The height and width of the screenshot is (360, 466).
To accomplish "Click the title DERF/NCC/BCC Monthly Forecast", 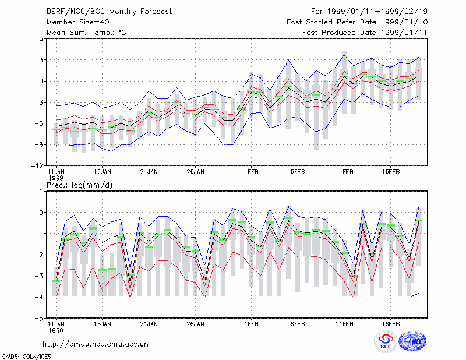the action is point(109,12).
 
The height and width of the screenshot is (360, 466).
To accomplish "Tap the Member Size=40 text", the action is point(78,22).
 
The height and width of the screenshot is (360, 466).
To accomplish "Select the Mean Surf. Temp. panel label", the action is point(86,33).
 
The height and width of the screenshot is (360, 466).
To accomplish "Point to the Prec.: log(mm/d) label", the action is point(79,185).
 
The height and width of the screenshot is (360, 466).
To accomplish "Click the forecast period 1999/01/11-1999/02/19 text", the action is point(369,12).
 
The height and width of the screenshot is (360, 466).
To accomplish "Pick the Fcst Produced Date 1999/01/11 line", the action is point(365,33).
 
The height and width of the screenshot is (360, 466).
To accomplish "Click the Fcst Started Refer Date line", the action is point(357,22).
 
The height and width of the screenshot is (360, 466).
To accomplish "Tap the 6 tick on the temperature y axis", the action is point(41,39).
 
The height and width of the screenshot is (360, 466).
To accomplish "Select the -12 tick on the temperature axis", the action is point(37,166).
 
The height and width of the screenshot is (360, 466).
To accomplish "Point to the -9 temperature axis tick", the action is point(39,145).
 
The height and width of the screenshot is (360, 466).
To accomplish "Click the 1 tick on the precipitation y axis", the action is point(41,192).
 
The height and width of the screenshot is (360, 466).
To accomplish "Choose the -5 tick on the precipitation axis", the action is point(39,319).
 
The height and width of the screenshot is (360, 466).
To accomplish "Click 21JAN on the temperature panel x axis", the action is point(149,172).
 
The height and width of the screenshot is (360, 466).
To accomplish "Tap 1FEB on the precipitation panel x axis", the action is point(251,324).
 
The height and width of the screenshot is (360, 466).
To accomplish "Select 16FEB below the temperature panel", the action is point(390,172).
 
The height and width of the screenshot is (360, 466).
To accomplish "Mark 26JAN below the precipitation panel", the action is point(195,324).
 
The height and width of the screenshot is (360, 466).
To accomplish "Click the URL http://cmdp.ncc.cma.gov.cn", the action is point(96,344).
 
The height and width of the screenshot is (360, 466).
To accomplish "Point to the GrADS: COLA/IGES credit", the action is point(26,357).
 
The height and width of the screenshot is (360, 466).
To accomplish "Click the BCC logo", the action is point(386,341).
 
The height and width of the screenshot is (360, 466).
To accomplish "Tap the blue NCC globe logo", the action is point(412,341).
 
